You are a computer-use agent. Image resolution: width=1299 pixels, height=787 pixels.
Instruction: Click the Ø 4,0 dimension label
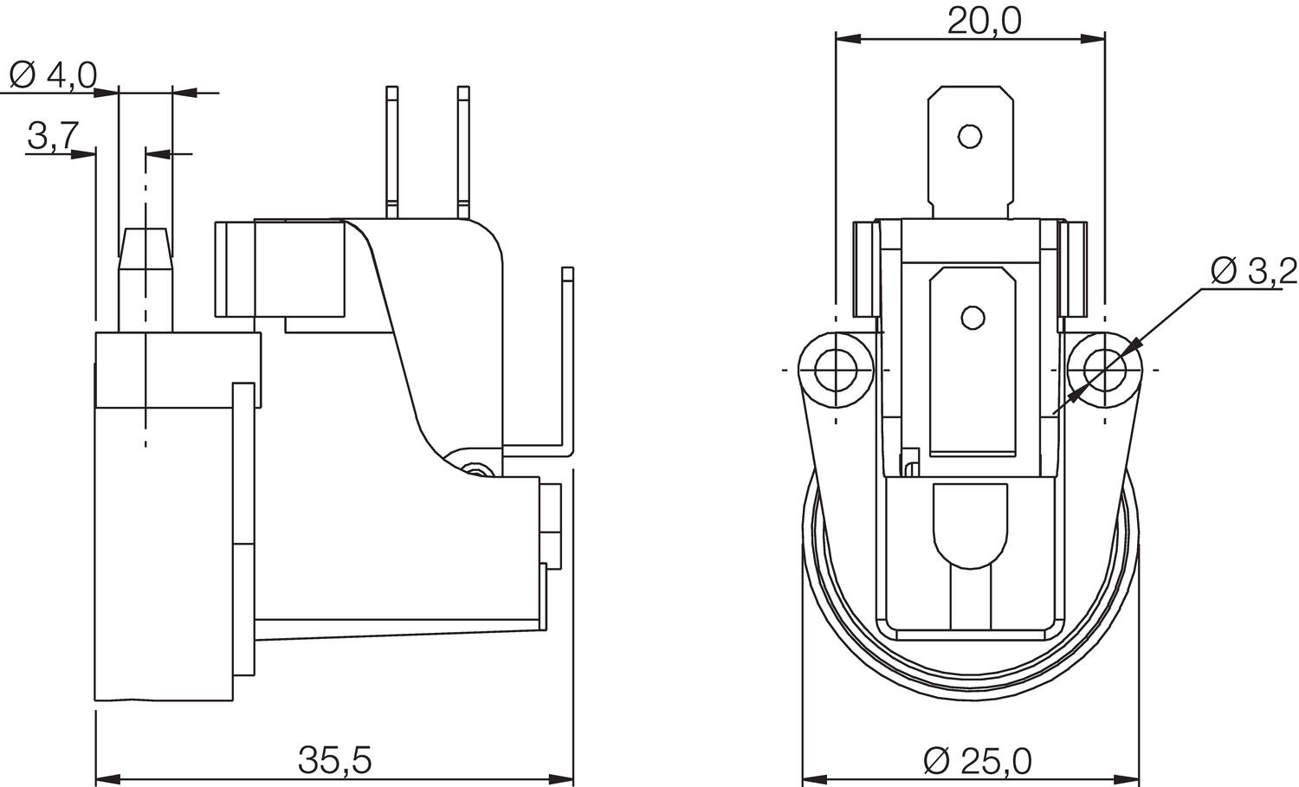54,76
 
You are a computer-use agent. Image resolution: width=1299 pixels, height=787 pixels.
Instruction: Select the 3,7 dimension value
54,136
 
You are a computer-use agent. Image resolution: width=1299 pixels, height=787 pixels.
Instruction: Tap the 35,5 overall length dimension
334,761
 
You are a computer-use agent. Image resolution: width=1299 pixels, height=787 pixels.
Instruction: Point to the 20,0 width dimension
984,20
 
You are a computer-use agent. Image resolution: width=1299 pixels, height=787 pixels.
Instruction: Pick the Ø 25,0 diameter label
977,762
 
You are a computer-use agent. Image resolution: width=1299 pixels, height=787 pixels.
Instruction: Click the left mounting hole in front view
836,370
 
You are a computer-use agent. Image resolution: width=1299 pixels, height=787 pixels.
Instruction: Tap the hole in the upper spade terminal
970,136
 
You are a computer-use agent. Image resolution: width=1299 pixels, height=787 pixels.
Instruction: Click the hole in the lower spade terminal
972,318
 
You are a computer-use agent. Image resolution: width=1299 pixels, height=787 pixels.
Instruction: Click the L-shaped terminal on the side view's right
566,364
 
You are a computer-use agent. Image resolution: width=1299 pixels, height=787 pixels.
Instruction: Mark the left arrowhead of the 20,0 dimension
847,39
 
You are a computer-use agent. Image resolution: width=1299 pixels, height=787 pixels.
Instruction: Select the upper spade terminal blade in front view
970,152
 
